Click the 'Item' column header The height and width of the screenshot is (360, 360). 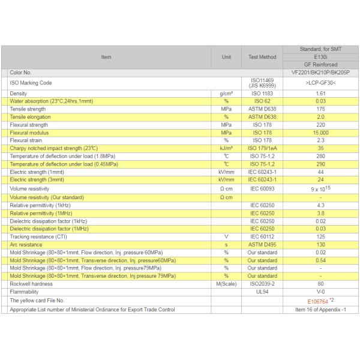(x=106, y=57)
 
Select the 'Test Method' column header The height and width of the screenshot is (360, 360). (x=262, y=57)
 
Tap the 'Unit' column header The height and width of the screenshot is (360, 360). (x=226, y=57)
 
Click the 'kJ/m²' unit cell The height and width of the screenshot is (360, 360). (x=226, y=148)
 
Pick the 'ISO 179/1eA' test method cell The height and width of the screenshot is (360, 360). (x=262, y=148)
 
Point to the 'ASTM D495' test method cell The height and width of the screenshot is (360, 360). (x=262, y=244)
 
